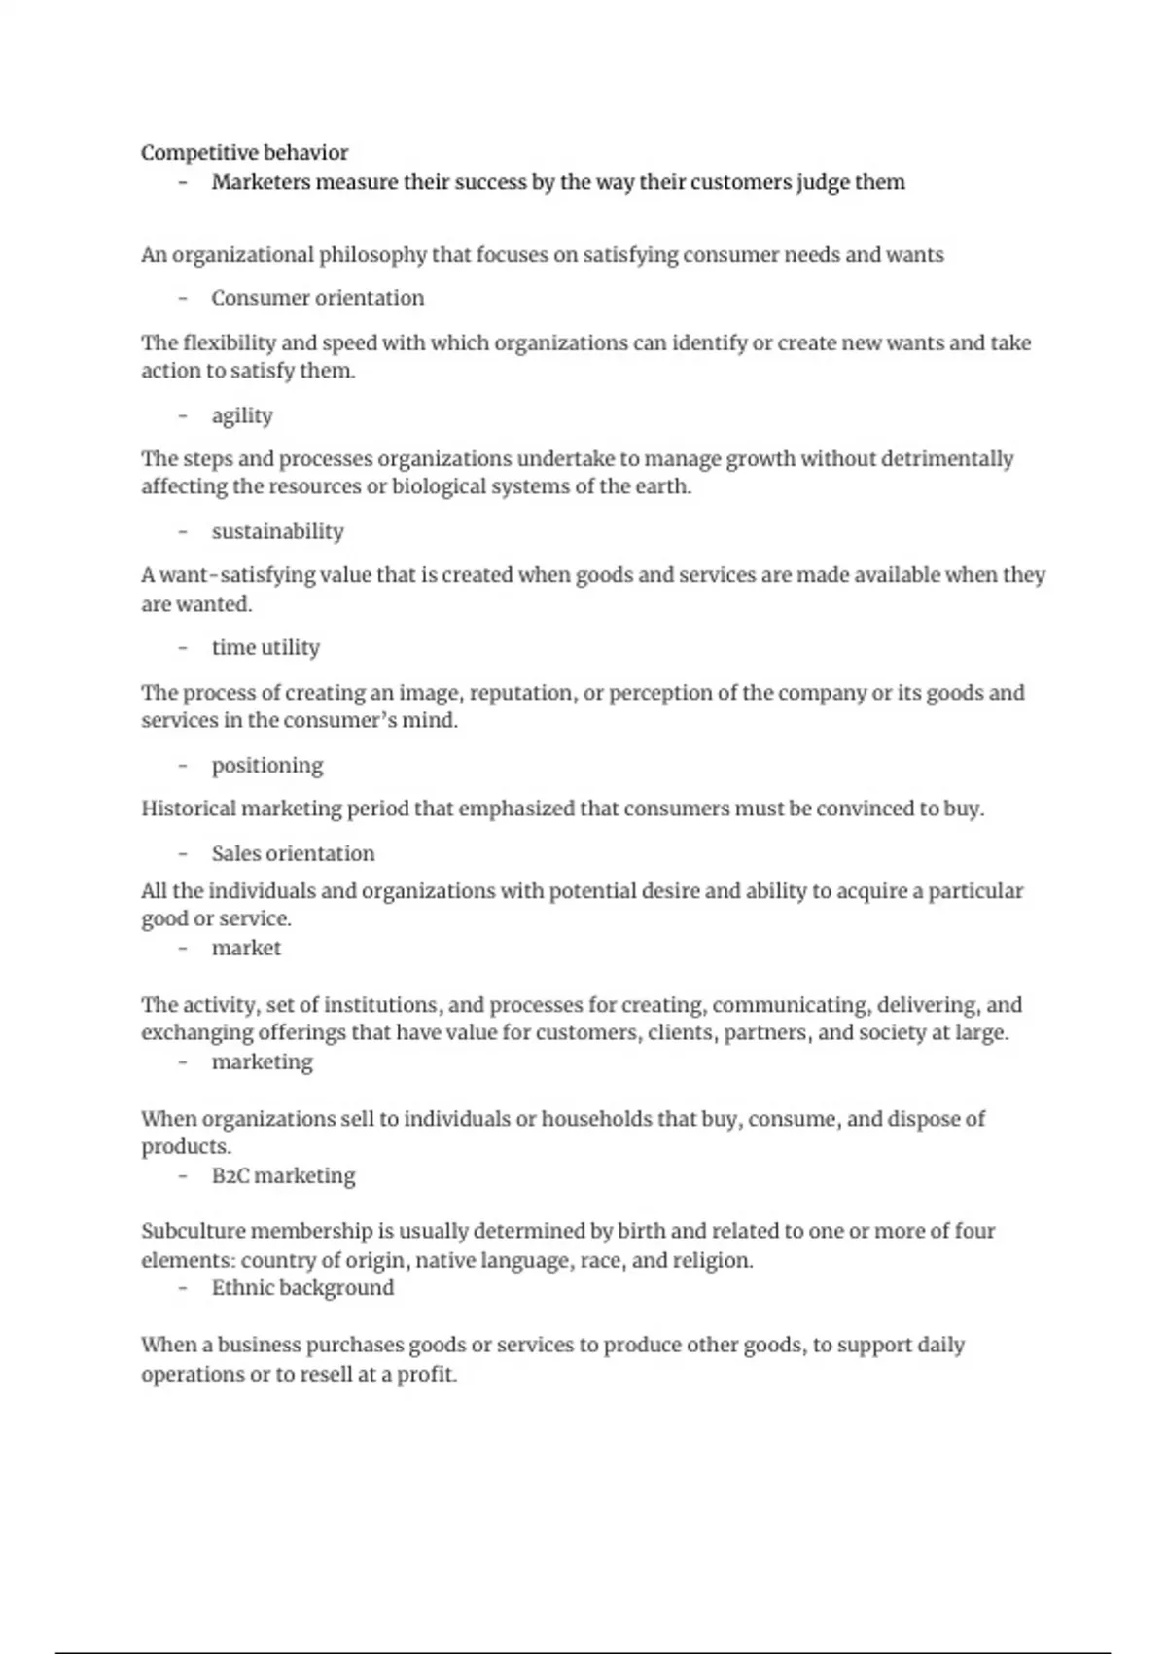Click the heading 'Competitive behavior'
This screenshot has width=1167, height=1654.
pos(244,152)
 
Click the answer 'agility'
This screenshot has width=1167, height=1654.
pos(242,415)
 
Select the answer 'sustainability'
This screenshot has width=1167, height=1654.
pos(277,531)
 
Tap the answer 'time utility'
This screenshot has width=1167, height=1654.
pos(265,647)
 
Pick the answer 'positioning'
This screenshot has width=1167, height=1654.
pos(267,765)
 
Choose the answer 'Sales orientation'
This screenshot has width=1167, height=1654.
pos(293,853)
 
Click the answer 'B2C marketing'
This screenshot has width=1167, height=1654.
pos(283,1175)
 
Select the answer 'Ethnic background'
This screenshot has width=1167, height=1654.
pos(302,1288)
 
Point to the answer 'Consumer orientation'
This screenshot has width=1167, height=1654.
pos(317,298)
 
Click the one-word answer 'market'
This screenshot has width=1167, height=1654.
pos(246,948)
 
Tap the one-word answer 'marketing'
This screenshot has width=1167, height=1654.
pos(262,1061)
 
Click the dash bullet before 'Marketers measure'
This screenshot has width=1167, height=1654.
pos(183,182)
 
